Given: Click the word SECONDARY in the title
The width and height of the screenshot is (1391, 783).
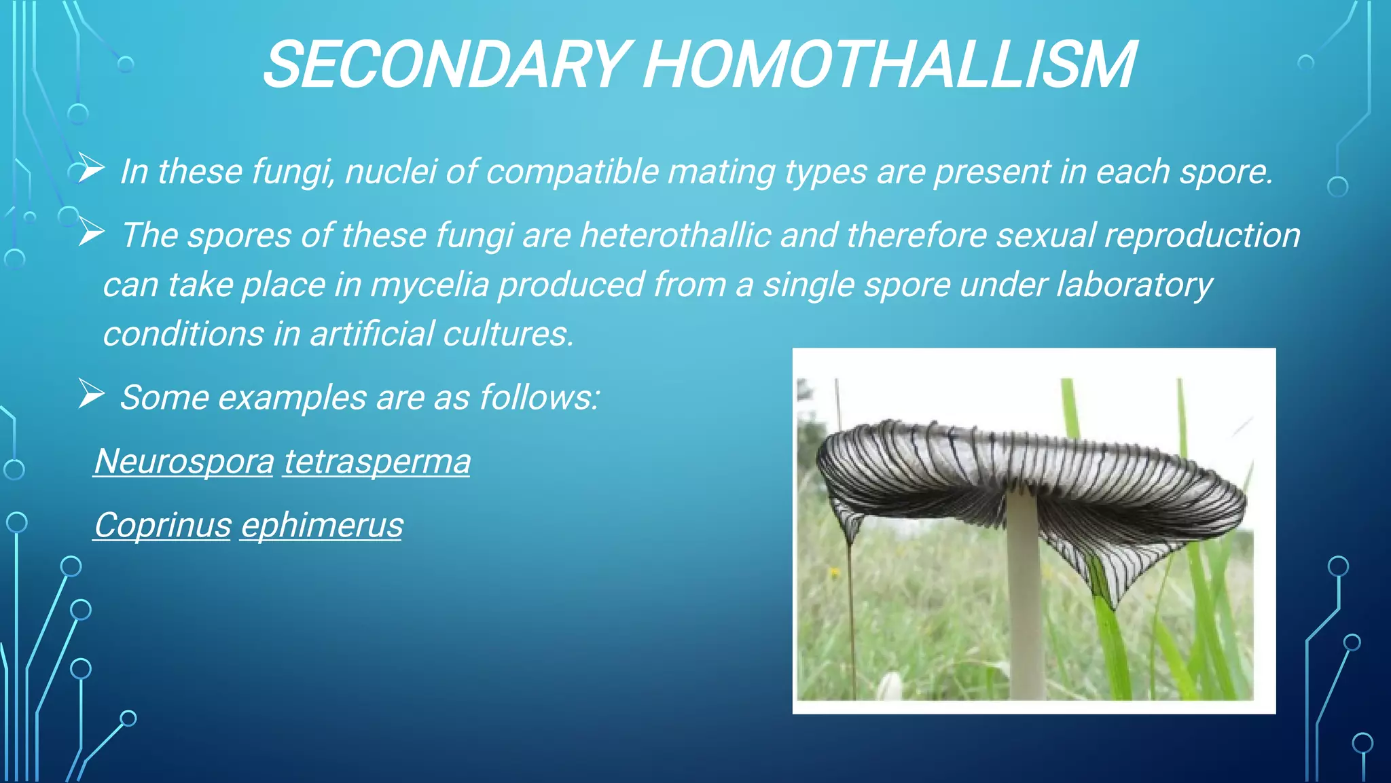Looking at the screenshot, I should point(445,65).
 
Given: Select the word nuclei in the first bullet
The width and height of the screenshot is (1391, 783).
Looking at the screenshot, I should point(391,171).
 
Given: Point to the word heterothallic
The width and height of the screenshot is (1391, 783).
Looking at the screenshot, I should point(675,236).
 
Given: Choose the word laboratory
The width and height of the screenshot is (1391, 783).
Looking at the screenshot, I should point(1133,285).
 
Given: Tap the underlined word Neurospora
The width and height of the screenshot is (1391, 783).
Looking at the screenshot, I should point(184,462).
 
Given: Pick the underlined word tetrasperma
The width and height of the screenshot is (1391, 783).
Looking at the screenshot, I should point(376,462).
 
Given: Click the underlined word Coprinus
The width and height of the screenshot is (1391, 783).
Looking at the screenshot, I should point(162,526).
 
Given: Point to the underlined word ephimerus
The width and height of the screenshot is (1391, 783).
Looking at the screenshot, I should point(321,526).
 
